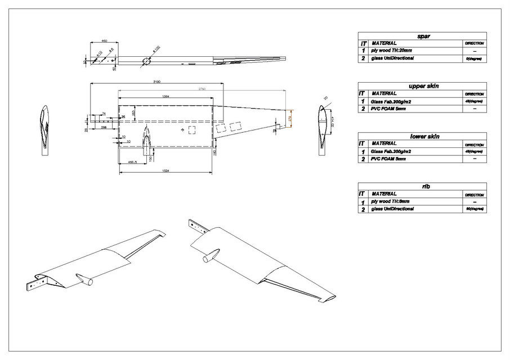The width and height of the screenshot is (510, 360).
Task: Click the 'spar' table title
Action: point(423,36)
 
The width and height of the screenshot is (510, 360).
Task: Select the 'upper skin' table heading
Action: point(423,86)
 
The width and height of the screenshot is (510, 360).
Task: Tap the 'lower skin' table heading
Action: point(423,136)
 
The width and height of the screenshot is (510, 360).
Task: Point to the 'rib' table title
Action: point(423,186)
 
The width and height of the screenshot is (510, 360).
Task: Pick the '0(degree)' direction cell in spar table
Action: point(474,58)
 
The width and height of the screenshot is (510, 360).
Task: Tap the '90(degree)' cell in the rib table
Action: point(474,209)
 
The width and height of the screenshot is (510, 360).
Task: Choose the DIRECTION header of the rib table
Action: point(474,193)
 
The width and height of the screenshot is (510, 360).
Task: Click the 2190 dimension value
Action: point(156,82)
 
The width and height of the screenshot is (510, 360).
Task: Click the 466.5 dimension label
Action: point(134,163)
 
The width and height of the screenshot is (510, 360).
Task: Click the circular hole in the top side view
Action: point(146,61)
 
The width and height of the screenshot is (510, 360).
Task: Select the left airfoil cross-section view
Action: point(45,129)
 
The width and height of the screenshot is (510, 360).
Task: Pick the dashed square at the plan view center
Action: point(193,130)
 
